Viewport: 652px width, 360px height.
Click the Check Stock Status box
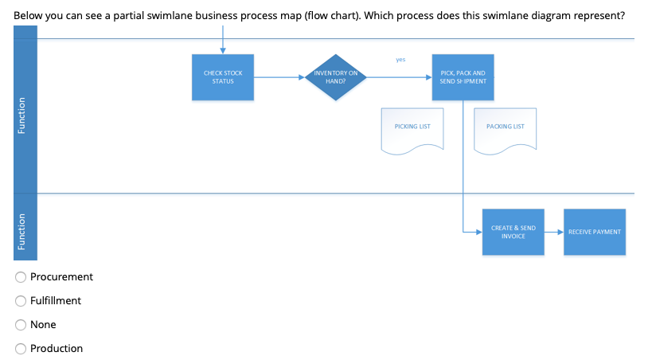pos(223,77)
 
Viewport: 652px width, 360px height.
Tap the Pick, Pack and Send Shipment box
pos(463,77)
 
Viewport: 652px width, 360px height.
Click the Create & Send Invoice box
pos(513,232)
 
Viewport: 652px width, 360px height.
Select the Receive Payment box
pos(594,232)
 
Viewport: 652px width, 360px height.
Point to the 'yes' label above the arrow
pos(400,59)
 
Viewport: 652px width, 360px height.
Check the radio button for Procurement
pos(20,277)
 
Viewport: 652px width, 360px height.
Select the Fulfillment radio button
pos(20,301)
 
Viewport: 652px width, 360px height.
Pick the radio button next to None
pos(20,325)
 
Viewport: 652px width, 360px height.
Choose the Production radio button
pos(20,349)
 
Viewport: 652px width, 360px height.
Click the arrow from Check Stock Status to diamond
pos(278,78)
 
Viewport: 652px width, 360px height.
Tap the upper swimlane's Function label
pos(25,115)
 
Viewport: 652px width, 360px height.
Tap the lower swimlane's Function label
pos(25,232)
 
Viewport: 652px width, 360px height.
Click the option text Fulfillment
pos(56,301)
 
